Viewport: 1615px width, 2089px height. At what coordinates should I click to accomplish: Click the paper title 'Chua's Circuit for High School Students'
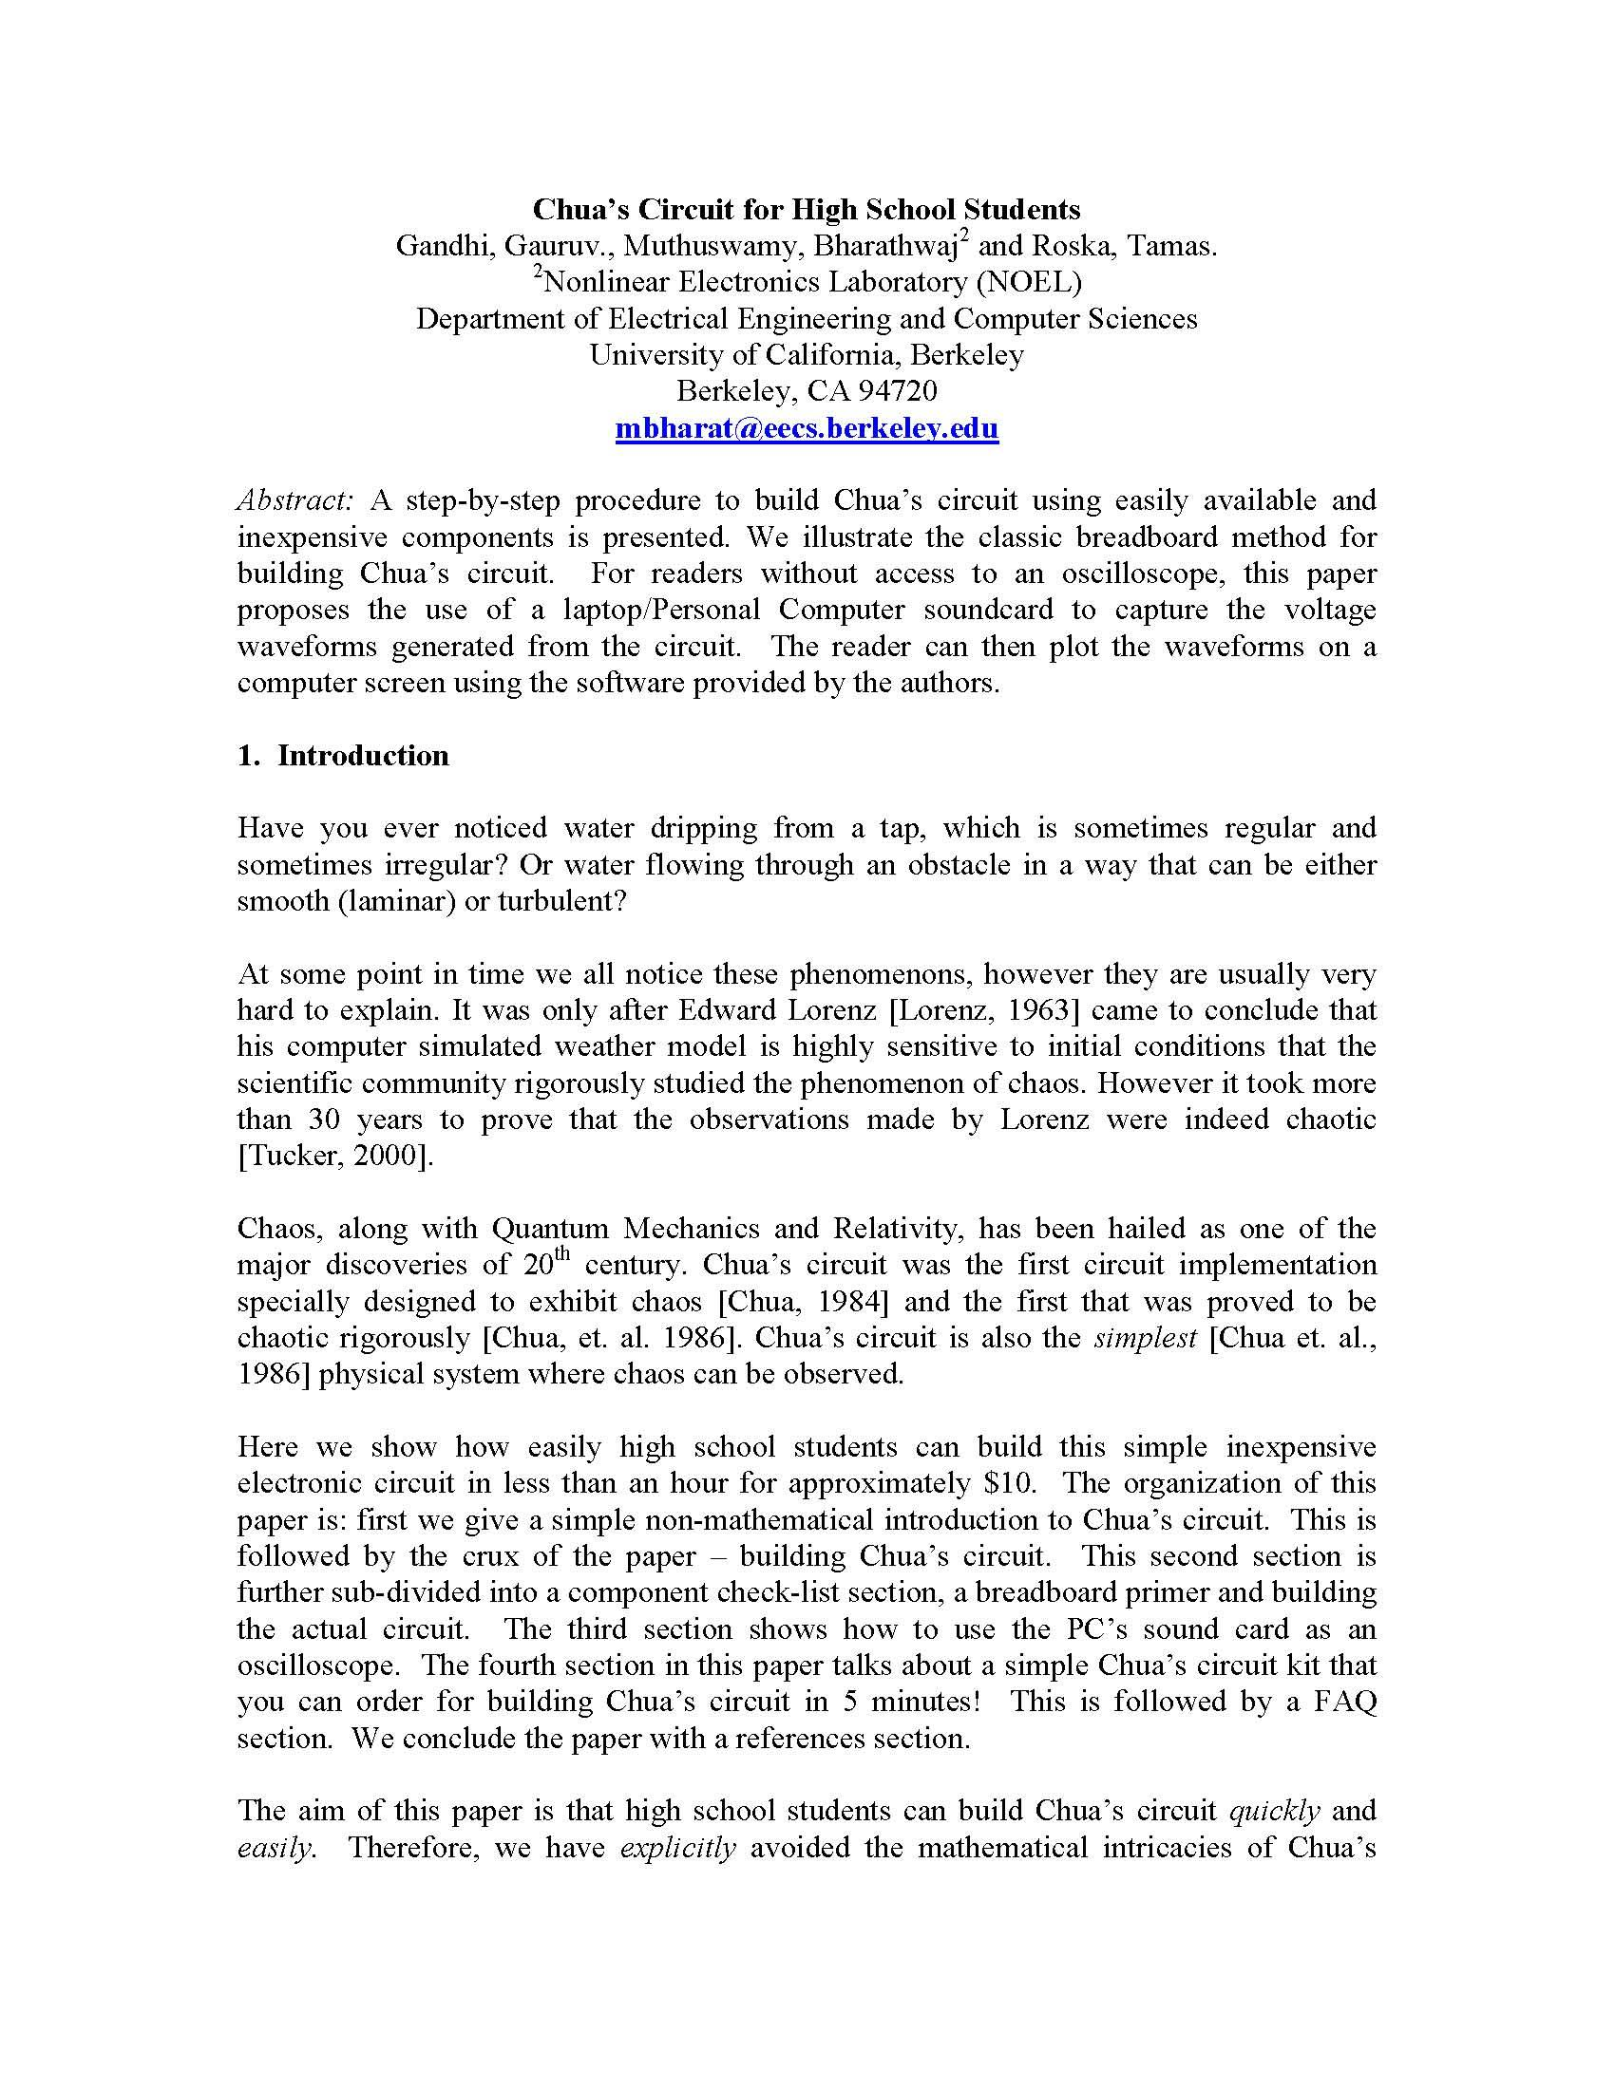point(807,209)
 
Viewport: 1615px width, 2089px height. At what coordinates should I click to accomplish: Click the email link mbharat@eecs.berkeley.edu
point(807,427)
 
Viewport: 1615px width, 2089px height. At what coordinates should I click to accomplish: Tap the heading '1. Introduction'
point(343,756)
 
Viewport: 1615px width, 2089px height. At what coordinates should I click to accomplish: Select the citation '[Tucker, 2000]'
point(333,1156)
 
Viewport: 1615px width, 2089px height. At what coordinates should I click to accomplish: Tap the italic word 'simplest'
point(1146,1337)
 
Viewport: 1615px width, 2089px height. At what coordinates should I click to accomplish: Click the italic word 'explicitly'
point(677,1847)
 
